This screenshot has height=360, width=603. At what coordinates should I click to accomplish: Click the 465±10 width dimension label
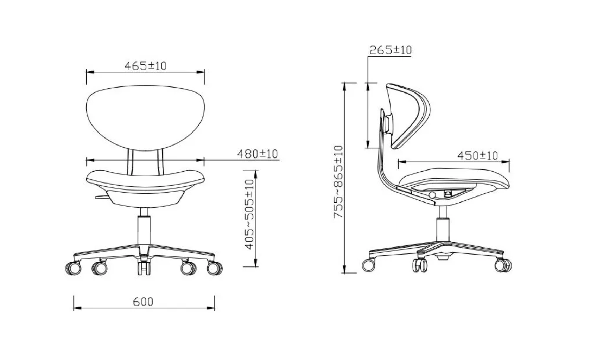coord(145,66)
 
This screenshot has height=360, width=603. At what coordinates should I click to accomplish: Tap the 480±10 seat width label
coord(258,154)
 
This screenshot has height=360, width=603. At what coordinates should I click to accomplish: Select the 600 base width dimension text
coord(143,302)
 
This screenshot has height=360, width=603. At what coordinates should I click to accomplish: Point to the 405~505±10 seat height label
coord(249,214)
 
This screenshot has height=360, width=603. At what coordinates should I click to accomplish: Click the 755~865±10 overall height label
coord(338,182)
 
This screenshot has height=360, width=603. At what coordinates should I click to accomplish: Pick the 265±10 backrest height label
coord(391,50)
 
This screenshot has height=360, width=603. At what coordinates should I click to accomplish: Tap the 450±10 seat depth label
coord(477,155)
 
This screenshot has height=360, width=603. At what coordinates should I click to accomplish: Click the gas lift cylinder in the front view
coord(144,230)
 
